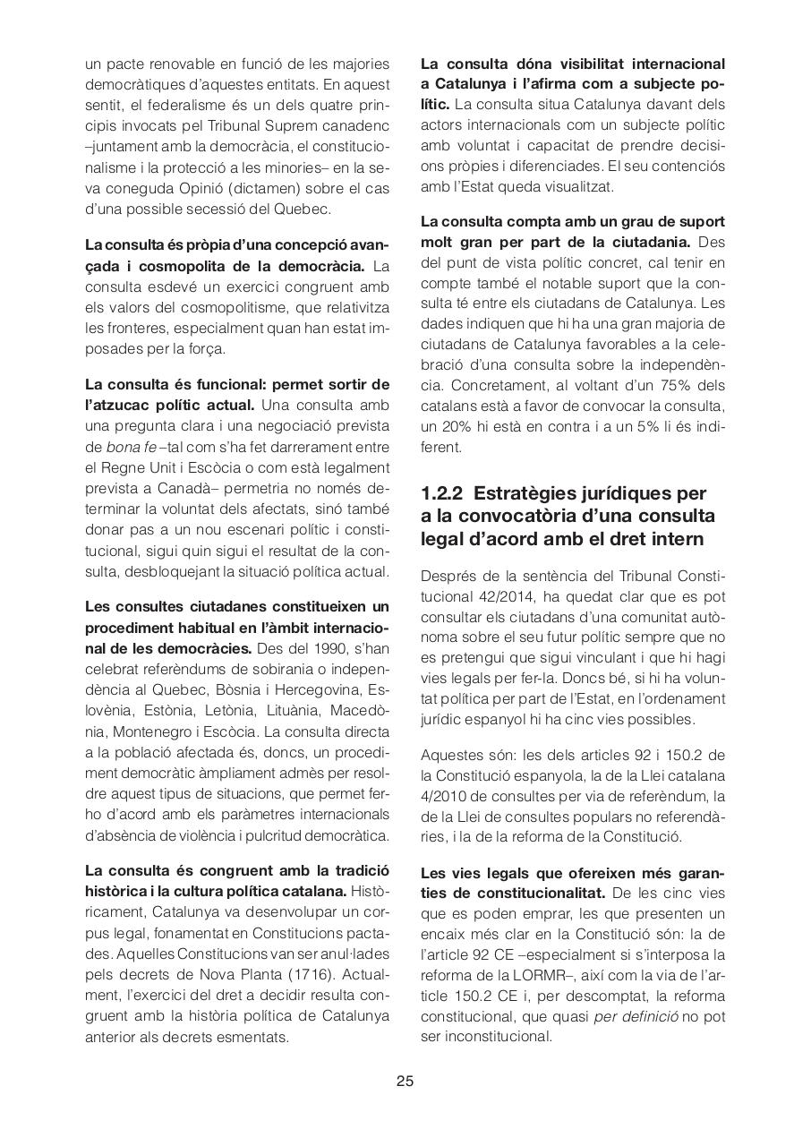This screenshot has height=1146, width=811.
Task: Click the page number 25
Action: coord(405,1081)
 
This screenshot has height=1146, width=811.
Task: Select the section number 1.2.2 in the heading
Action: coord(443,493)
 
